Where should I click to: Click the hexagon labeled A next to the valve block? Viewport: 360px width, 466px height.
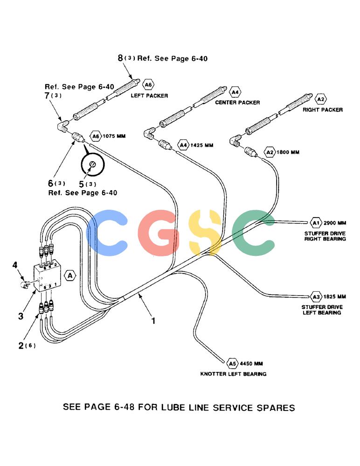(70, 275)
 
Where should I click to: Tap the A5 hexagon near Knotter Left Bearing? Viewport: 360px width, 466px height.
(232, 363)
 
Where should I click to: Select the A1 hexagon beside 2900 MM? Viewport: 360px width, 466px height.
(316, 223)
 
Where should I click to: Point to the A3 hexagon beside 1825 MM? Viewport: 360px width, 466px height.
(316, 296)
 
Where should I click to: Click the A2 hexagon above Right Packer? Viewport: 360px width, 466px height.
(320, 99)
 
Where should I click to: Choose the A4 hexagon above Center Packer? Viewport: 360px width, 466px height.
(235, 92)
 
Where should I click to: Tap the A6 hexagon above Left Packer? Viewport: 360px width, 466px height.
(148, 85)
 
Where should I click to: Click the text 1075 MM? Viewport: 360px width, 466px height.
(114, 136)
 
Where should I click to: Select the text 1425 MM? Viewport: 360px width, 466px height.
(202, 145)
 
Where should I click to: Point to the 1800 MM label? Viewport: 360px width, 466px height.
(288, 152)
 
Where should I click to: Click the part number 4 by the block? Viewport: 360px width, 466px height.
(15, 265)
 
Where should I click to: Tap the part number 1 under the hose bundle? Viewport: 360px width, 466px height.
(153, 321)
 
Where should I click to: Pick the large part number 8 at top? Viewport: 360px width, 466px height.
(120, 58)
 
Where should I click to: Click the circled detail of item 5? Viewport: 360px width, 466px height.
(92, 165)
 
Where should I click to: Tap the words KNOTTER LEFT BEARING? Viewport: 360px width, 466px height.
(233, 374)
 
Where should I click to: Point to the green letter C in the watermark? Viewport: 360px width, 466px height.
(254, 233)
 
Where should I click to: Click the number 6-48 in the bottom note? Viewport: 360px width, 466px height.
(125, 407)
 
